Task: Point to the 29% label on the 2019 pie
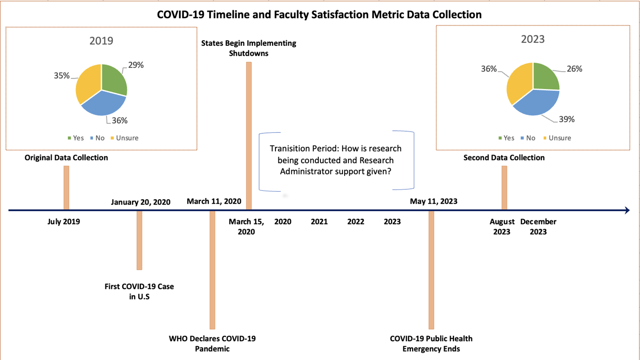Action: (136, 65)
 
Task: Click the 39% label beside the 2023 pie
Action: (567, 119)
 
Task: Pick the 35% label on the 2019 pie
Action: (62, 75)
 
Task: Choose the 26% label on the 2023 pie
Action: (574, 69)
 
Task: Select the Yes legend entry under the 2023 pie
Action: (506, 138)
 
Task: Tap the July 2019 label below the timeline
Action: (64, 222)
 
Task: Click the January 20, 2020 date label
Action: (140, 202)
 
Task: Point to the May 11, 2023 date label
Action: (433, 201)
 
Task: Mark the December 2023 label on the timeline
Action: (538, 227)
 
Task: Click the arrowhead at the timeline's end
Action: (627, 210)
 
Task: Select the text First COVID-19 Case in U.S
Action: (139, 291)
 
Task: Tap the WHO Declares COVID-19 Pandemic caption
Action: (212, 343)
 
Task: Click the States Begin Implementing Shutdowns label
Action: (249, 48)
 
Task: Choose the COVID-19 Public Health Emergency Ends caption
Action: (431, 343)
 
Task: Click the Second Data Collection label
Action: (504, 157)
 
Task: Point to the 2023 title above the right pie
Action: (532, 39)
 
